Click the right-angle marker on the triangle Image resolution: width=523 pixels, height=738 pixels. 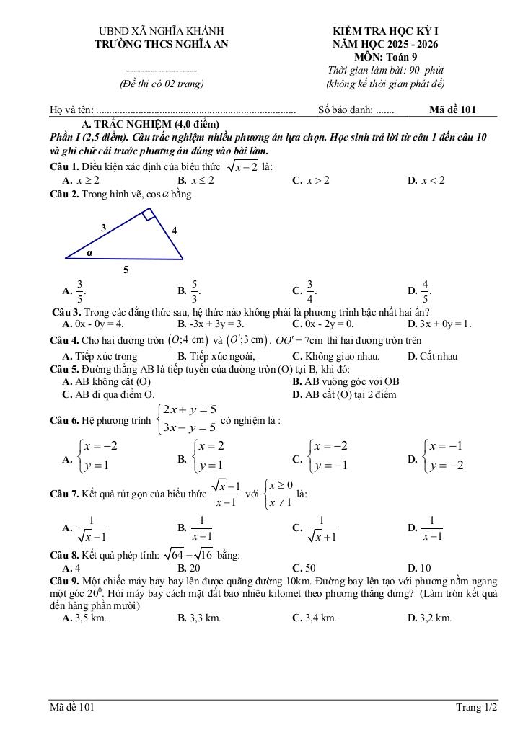click(x=146, y=213)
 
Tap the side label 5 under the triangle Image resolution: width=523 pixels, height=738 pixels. click(x=126, y=270)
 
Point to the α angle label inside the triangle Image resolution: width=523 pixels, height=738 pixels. click(x=90, y=253)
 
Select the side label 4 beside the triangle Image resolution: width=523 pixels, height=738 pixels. click(x=174, y=231)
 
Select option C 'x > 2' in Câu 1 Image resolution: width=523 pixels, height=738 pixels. click(x=312, y=180)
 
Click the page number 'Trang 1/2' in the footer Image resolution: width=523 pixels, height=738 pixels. click(x=476, y=707)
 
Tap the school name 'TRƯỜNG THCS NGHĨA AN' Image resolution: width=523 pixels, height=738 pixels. click(x=161, y=44)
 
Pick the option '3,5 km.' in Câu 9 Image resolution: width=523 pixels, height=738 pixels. click(x=85, y=618)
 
